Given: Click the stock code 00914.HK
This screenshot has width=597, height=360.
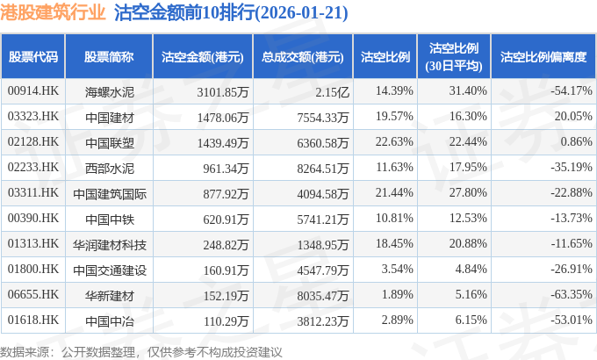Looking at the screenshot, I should [x=32, y=90].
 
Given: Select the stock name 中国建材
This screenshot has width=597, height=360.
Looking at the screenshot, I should [x=109, y=116].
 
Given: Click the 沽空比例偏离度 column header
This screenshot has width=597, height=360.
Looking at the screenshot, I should [x=543, y=57].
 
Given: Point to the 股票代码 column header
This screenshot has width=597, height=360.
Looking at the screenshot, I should [x=33, y=57].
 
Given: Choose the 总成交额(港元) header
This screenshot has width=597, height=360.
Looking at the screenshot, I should [x=302, y=57].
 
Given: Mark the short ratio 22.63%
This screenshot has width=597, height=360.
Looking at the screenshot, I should [x=393, y=141].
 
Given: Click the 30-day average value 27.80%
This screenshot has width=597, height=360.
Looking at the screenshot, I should [x=467, y=192].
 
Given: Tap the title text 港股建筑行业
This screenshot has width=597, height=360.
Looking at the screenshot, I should [x=54, y=14].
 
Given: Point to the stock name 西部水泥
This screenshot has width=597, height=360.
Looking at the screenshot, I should [x=109, y=167].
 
